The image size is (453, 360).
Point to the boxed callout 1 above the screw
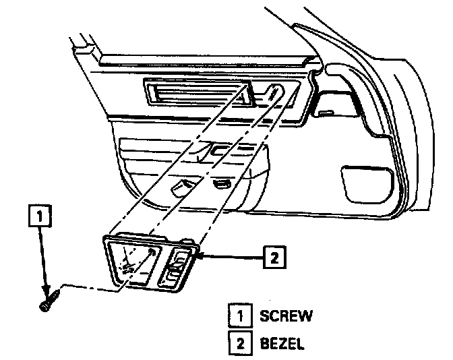[41, 216]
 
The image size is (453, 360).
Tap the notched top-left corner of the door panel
[86, 47]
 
